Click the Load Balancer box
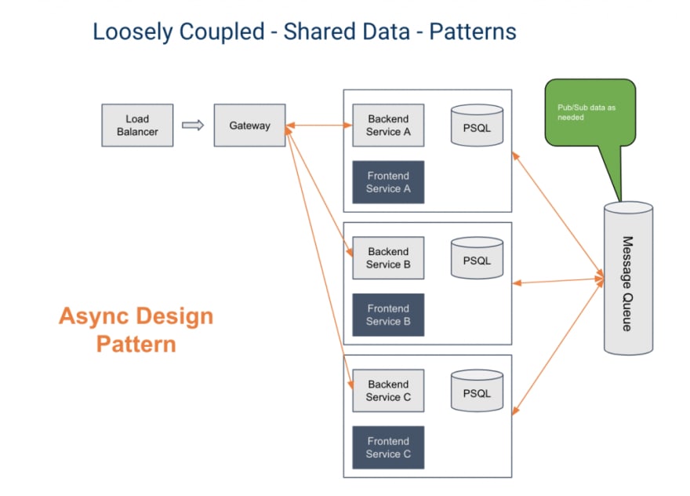(x=137, y=126)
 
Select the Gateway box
(x=249, y=126)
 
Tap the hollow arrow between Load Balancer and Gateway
(x=193, y=126)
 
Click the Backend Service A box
(x=388, y=126)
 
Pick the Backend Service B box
(x=388, y=258)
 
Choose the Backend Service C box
(x=388, y=391)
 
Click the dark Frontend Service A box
(x=388, y=182)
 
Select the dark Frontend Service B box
(x=388, y=315)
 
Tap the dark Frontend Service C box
(x=388, y=447)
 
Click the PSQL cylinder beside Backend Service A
(x=477, y=126)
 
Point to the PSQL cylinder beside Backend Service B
(x=477, y=258)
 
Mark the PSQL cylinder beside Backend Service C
(x=477, y=391)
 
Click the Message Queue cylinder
(x=628, y=279)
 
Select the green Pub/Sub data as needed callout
(x=590, y=113)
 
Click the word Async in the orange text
(x=93, y=317)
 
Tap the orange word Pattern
(x=136, y=344)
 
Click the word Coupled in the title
(x=222, y=32)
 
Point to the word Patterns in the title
(x=473, y=31)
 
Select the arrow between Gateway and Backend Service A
(x=319, y=126)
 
